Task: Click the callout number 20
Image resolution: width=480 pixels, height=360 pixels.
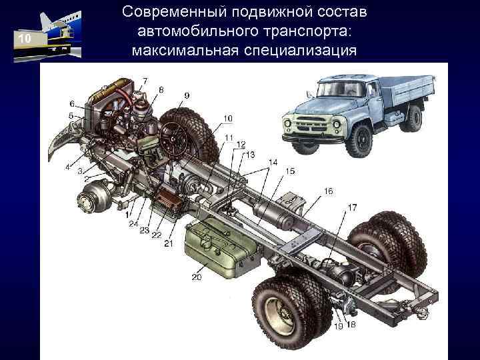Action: (196, 277)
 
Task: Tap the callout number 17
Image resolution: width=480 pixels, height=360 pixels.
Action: (351, 207)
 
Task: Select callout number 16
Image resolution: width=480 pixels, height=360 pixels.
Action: (329, 191)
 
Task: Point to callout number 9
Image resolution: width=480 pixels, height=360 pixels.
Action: (186, 95)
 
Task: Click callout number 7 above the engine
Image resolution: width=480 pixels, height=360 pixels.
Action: (145, 81)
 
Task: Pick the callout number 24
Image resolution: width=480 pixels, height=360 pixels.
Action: (134, 223)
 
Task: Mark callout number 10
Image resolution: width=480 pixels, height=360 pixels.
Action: (227, 118)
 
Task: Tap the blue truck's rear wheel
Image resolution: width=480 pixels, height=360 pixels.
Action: (413, 119)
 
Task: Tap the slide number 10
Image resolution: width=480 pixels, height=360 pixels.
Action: (25, 41)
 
